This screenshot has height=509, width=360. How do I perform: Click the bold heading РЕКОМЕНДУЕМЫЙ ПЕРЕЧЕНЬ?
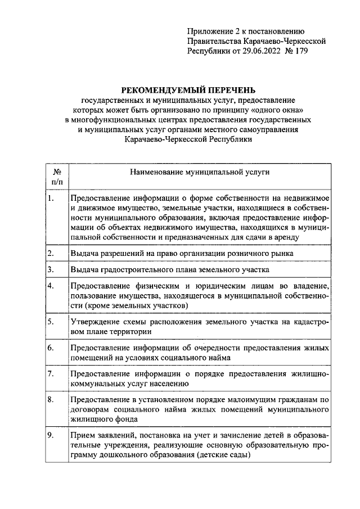pyautogui.click(x=188, y=90)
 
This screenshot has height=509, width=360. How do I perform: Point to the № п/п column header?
pyautogui.click(x=57, y=177)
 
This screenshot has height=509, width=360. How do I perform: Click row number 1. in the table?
pyautogui.click(x=51, y=199)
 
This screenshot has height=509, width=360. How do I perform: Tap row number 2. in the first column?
pyautogui.click(x=51, y=253)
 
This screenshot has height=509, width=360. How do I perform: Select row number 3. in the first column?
pyautogui.click(x=51, y=269)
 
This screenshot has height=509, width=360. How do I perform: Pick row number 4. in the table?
pyautogui.click(x=51, y=286)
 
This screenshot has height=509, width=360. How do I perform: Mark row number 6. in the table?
pyautogui.click(x=51, y=348)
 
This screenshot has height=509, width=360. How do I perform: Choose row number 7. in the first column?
pyautogui.click(x=51, y=373)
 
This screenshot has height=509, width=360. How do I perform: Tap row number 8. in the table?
pyautogui.click(x=51, y=399)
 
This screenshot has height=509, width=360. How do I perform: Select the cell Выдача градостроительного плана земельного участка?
pyautogui.click(x=162, y=270)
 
